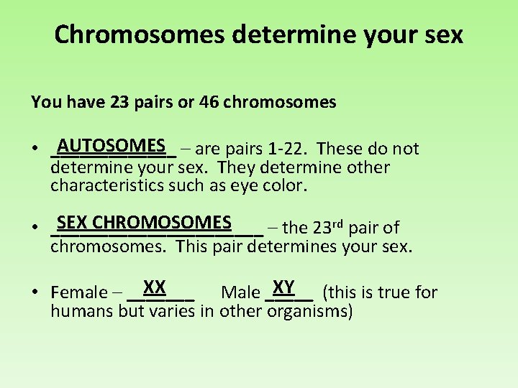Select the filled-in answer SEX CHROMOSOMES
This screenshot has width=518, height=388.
[144, 222]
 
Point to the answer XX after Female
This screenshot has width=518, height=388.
[155, 287]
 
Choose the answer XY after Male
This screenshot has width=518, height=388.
[284, 287]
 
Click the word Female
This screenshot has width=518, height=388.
[78, 292]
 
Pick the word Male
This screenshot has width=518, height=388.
[240, 292]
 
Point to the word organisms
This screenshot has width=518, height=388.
[309, 311]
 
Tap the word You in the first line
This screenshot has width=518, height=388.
[45, 102]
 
